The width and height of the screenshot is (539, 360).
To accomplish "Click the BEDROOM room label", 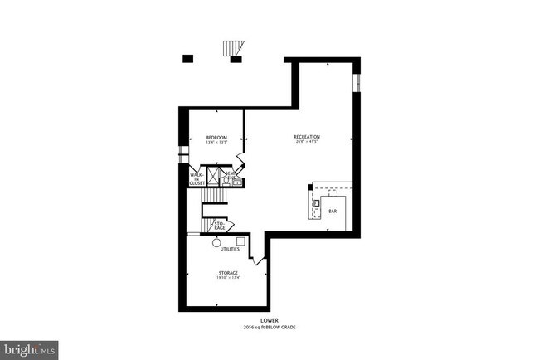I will point(216,137).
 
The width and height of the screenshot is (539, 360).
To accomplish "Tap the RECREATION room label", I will point(307,137).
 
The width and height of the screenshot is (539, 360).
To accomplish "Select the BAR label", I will point(333,212).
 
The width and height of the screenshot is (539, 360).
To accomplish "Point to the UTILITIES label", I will point(230,249).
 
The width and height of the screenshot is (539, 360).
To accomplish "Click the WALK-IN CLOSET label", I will point(197,178).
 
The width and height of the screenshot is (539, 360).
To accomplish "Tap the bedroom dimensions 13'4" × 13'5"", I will point(216,142).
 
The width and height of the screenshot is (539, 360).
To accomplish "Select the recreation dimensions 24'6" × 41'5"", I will point(307,142).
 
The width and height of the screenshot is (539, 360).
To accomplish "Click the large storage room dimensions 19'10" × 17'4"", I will point(228,278).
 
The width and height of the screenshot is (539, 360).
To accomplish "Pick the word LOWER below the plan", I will point(269,320).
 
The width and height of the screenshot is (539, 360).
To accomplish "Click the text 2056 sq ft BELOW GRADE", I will point(269,327).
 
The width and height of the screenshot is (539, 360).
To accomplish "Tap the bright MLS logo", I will point(29,348).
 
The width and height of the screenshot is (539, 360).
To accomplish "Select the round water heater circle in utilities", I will point(216,242).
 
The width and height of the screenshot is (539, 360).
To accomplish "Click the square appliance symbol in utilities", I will point(240,241).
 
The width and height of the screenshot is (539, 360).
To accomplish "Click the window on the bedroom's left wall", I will point(183,155).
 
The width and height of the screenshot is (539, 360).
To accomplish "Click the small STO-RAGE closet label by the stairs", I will point(220,225).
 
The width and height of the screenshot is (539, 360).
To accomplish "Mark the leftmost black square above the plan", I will point(187,58).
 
